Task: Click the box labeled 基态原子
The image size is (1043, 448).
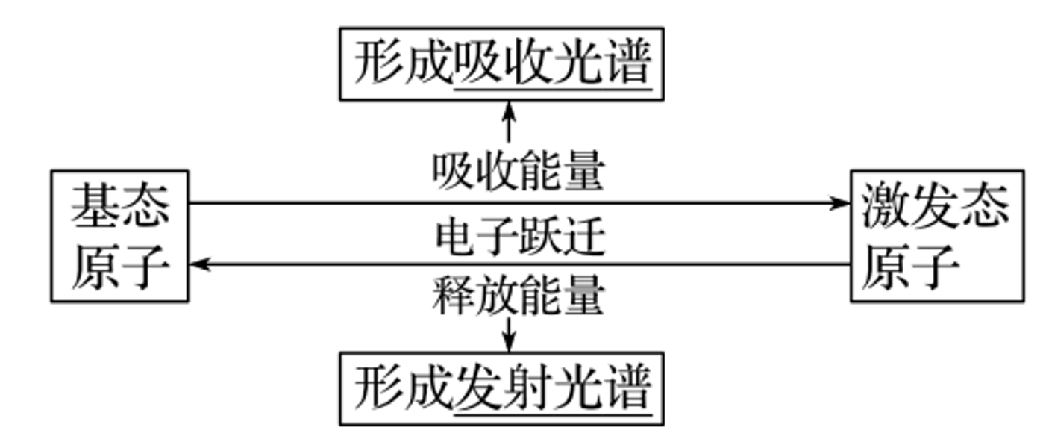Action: coord(119,236)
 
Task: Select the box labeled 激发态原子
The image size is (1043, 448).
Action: coord(936,236)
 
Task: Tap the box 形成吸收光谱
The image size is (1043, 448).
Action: coord(501,64)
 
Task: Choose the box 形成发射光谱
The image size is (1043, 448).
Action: coord(501,388)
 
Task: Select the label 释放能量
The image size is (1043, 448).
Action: coord(518,296)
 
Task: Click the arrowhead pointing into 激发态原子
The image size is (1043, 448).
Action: coord(842,203)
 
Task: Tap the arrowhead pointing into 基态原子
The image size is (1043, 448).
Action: coord(198,264)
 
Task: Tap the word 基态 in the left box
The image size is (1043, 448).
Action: coord(119,206)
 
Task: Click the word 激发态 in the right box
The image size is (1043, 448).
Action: coord(936,206)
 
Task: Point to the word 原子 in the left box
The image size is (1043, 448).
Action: coord(119,267)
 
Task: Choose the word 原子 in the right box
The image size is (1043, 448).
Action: coord(910,267)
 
